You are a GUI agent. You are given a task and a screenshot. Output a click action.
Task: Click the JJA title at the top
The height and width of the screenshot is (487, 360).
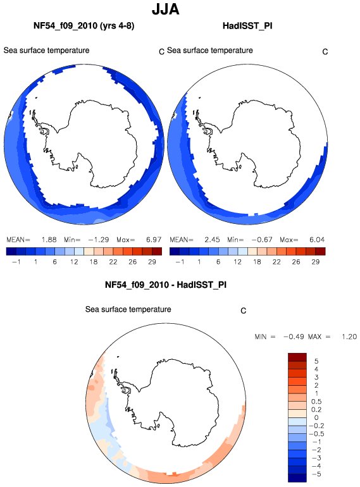pyautogui.click(x=166, y=9)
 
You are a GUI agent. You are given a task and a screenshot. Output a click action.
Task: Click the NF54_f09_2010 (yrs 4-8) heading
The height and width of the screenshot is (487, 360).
pyautogui.click(x=84, y=25)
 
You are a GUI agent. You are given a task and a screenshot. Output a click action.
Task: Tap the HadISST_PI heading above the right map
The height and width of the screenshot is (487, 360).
pyautogui.click(x=247, y=25)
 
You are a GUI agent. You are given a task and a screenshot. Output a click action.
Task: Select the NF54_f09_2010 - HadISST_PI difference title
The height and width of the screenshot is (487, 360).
pyautogui.click(x=166, y=285)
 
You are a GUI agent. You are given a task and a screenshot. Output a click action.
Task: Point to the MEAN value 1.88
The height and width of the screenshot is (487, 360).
pyautogui.click(x=49, y=240)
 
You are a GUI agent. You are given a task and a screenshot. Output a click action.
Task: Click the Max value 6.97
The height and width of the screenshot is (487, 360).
pyautogui.click(x=154, y=240)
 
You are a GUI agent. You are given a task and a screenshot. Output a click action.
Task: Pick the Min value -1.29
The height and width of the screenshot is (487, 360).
pyautogui.click(x=99, y=240)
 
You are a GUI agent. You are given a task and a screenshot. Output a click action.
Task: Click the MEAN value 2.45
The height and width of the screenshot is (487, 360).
pyautogui.click(x=212, y=240)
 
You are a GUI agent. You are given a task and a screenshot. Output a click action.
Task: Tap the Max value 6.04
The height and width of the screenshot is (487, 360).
pyautogui.click(x=317, y=240)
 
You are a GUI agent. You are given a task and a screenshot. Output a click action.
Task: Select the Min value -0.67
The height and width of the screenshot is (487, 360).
pyautogui.click(x=262, y=240)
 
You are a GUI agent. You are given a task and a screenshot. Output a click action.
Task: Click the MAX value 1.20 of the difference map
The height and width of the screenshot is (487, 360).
pyautogui.click(x=349, y=336)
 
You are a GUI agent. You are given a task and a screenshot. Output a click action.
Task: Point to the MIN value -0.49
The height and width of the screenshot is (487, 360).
pyautogui.click(x=294, y=336)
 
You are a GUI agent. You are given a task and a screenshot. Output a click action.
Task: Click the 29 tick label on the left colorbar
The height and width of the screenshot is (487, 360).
pyautogui.click(x=152, y=262)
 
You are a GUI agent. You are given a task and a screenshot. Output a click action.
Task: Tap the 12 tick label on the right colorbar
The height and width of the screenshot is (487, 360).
pyautogui.click(x=238, y=262)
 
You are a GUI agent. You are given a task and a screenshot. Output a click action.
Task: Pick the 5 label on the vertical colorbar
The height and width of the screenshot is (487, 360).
pyautogui.click(x=316, y=361)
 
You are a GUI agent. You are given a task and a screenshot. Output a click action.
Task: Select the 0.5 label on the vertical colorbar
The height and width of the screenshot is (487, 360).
pyautogui.click(x=316, y=402)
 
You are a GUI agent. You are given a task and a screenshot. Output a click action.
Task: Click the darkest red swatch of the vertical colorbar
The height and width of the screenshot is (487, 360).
pyautogui.click(x=297, y=357)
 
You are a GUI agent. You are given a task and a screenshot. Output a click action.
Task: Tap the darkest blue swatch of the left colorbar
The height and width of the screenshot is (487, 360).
pyautogui.click(x=11, y=251)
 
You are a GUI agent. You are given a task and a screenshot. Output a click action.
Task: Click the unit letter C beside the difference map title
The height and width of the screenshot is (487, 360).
pyautogui.click(x=243, y=311)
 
